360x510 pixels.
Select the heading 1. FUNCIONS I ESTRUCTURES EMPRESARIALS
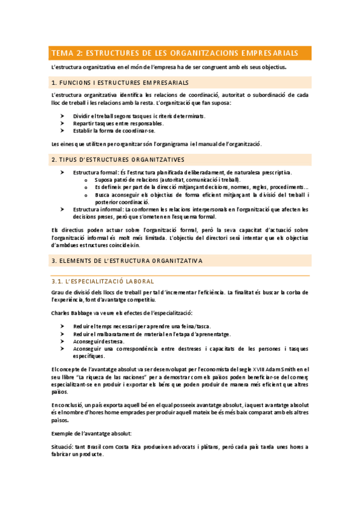tap(120, 82)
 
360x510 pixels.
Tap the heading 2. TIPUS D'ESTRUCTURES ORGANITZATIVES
tap(118, 159)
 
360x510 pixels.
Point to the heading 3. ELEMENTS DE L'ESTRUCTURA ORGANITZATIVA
tap(127, 261)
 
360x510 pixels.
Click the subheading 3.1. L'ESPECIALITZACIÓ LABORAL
tap(103, 281)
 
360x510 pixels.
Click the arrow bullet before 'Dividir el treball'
tap(63, 115)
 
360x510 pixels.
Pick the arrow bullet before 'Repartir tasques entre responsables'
tap(63, 123)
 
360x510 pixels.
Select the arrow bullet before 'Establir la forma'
tap(63, 130)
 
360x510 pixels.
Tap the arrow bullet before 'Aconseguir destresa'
tap(63, 341)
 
